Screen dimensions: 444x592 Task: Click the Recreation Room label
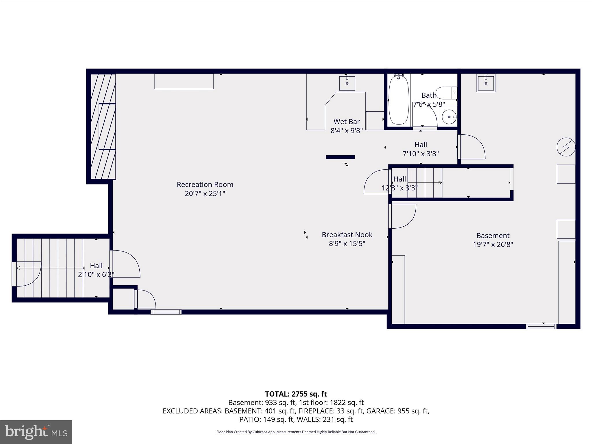click(205, 184)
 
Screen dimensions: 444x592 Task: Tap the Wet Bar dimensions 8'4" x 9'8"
click(347, 131)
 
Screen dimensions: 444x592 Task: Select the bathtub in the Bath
click(399, 99)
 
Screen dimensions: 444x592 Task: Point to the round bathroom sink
click(449, 117)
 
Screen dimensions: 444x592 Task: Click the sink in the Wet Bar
click(347, 83)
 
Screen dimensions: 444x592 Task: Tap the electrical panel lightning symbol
click(566, 147)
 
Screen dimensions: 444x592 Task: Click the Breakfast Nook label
click(347, 235)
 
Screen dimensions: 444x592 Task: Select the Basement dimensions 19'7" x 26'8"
click(493, 245)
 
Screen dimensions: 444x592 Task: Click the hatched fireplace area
click(103, 126)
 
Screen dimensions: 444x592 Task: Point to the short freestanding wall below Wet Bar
click(340, 157)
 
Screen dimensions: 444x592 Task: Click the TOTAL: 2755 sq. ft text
click(296, 394)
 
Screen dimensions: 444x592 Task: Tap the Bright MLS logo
click(36, 432)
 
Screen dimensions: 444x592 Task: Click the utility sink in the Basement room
click(486, 83)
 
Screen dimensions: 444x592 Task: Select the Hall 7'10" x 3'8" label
click(421, 145)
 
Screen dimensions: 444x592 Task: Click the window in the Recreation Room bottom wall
click(166, 312)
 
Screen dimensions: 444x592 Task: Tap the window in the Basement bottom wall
click(541, 326)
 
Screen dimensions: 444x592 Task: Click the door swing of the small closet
click(146, 299)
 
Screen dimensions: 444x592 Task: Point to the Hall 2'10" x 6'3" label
click(96, 266)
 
